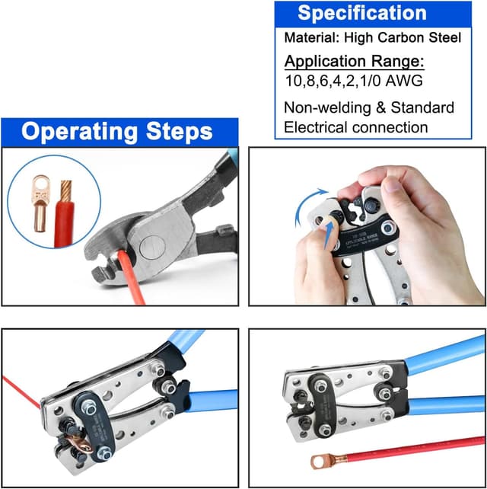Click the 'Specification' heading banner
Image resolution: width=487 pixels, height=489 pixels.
[x=361, y=13]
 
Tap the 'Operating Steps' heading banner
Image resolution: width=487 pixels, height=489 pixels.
[x=117, y=131]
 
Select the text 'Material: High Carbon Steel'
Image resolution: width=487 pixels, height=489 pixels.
[x=372, y=37]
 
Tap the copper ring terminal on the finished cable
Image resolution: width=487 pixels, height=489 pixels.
[x=320, y=459]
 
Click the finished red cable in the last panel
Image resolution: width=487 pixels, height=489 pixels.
[x=411, y=450]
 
